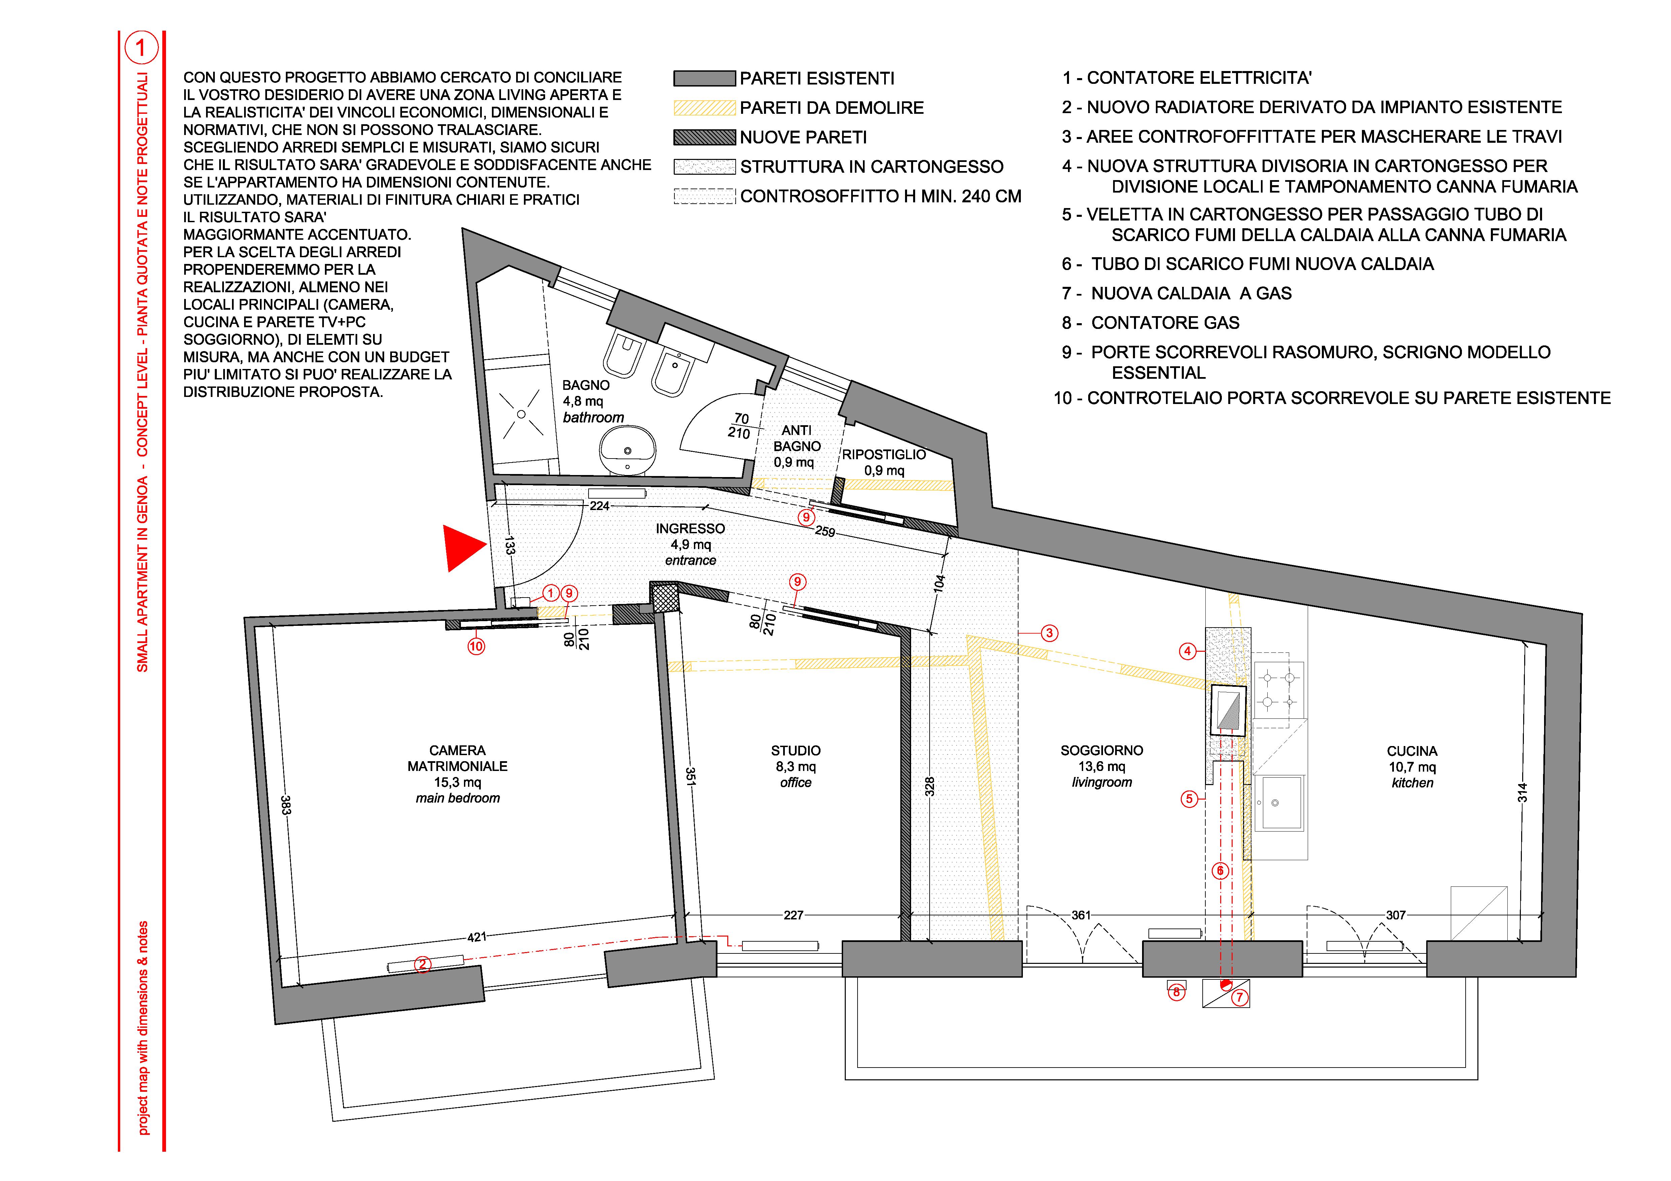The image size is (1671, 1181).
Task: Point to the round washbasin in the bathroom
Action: pyautogui.click(x=627, y=450)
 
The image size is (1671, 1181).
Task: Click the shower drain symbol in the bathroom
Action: pyautogui.click(x=521, y=414)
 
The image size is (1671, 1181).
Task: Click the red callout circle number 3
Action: pyautogui.click(x=1049, y=633)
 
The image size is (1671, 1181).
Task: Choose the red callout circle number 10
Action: pyautogui.click(x=476, y=646)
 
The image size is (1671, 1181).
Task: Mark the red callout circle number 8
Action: pyautogui.click(x=1176, y=992)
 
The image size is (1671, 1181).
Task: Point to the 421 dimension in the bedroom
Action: pyautogui.click(x=477, y=937)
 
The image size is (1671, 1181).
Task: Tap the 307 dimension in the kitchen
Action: pyautogui.click(x=1395, y=915)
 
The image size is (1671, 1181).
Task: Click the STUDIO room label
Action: pyautogui.click(x=796, y=750)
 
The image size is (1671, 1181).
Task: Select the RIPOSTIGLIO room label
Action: pyautogui.click(x=884, y=454)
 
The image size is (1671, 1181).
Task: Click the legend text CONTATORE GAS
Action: pyautogui.click(x=1165, y=323)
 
